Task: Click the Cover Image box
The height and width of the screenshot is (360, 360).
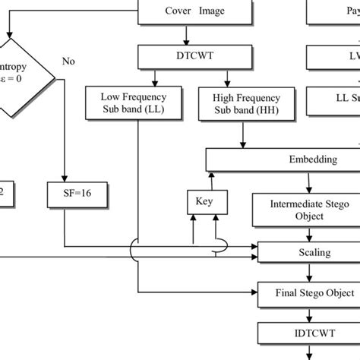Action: click(195, 11)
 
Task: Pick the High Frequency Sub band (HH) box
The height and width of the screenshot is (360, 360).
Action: click(241, 103)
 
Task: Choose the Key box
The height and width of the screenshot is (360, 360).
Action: click(204, 201)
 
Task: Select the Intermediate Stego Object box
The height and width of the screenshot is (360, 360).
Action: click(308, 210)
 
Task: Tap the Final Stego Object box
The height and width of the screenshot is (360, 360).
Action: click(308, 292)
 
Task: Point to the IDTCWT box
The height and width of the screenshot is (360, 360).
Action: click(308, 333)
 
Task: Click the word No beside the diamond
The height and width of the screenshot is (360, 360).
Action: click(69, 61)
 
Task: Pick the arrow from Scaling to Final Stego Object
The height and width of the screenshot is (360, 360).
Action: click(308, 272)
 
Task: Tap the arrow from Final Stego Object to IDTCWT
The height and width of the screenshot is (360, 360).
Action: click(308, 312)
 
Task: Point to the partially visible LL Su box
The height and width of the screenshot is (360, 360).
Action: click(333, 97)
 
